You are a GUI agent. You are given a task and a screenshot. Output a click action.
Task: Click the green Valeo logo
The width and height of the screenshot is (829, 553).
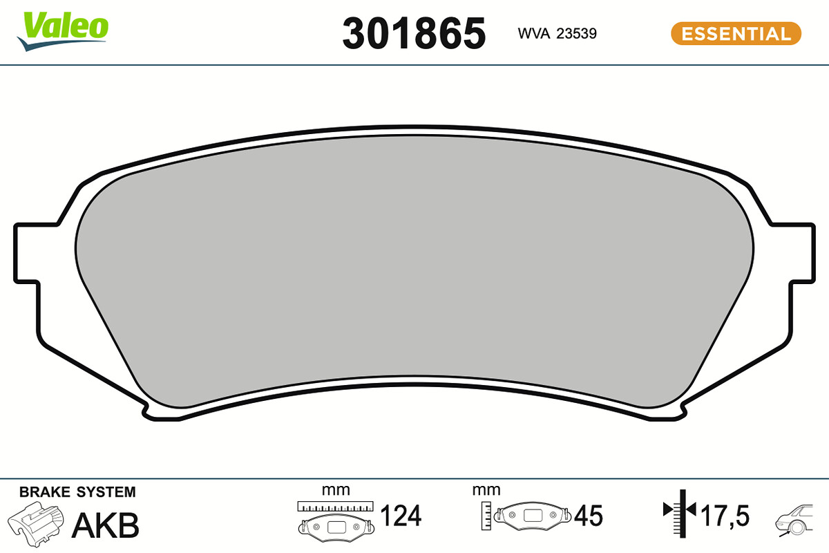(63, 30)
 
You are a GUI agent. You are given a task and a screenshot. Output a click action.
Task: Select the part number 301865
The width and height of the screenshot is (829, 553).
(414, 33)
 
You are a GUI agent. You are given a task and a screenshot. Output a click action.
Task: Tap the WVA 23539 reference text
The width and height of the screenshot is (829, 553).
(557, 33)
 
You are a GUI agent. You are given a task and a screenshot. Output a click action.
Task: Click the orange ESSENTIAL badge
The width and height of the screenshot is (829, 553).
(736, 34)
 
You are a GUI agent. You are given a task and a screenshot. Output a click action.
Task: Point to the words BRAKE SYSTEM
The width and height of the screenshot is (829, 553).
(77, 492)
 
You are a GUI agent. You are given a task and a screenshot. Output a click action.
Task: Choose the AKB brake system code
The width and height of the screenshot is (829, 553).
(106, 525)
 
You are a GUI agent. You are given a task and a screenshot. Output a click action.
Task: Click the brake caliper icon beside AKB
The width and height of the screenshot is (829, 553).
(35, 524)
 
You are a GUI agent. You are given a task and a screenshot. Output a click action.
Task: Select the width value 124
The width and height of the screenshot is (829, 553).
(401, 515)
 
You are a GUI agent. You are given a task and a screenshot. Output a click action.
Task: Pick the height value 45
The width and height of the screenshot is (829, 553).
(589, 515)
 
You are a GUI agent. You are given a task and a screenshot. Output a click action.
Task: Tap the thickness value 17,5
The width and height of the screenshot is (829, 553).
(725, 515)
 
